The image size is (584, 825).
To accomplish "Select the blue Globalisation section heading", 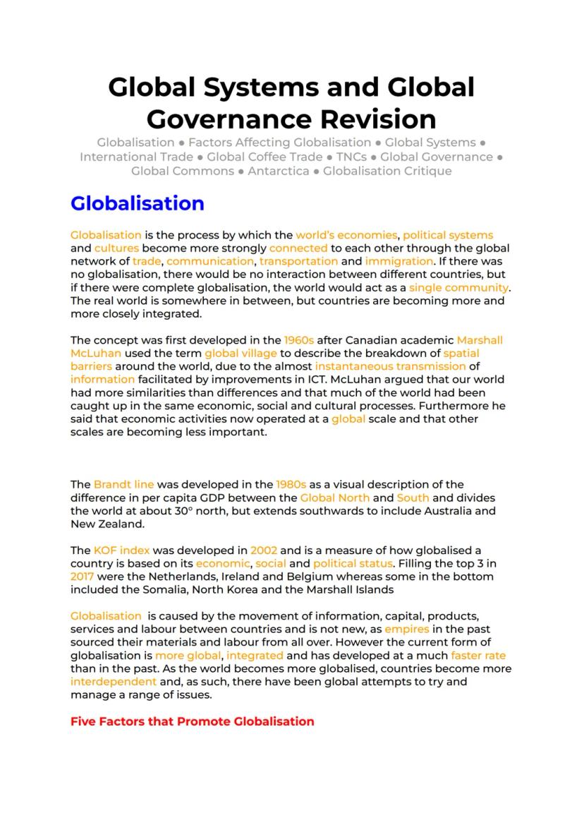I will tap(137, 203).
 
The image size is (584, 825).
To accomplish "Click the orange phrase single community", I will tap(458, 288).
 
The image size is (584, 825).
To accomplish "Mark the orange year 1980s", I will tap(291, 485).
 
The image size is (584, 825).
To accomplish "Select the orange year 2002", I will tap(264, 550).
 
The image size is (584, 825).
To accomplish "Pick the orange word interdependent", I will tap(114, 682).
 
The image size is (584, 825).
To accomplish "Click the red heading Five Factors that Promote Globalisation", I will tap(192, 721).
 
